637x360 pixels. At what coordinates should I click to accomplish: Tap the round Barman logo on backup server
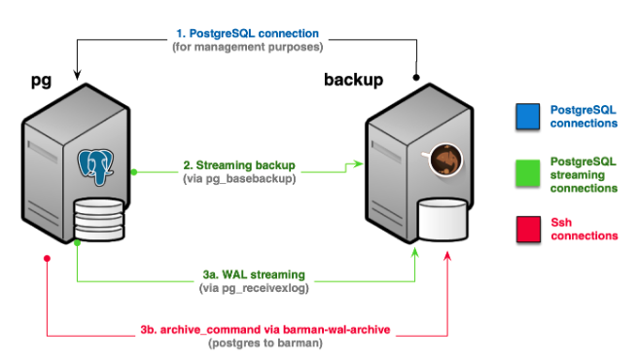click(444, 160)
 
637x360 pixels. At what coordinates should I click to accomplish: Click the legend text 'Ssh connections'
click(583, 229)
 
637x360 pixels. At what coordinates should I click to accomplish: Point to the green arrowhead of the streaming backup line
click(359, 165)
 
